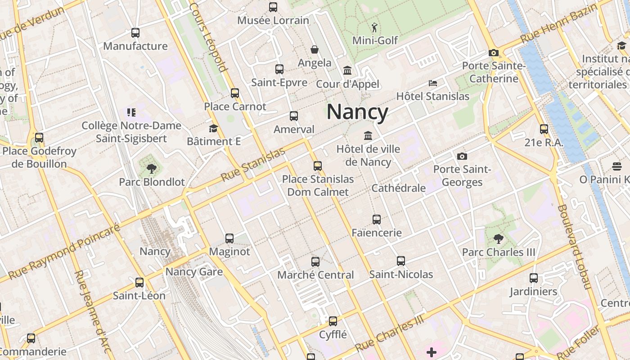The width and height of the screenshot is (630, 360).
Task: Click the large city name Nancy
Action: click(357, 112)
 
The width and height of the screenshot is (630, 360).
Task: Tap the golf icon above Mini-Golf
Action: click(374, 27)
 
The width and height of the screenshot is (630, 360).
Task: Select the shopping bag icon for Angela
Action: click(314, 49)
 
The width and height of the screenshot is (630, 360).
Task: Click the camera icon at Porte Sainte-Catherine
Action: click(494, 53)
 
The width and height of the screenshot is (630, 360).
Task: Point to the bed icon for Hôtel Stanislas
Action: click(432, 83)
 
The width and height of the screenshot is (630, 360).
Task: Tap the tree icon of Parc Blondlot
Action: click(152, 169)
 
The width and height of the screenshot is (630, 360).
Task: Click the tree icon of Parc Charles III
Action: click(498, 238)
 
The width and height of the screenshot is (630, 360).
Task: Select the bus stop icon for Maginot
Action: click(229, 238)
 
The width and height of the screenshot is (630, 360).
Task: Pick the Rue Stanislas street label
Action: click(254, 165)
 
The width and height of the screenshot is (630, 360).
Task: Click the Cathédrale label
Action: click(398, 188)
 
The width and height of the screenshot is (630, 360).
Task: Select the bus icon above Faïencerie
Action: click(377, 220)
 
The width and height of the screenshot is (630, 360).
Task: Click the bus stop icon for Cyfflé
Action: click(333, 321)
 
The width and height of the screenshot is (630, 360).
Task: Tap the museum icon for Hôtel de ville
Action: click(368, 135)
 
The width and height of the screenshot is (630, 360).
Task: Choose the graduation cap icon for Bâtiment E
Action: click(213, 128)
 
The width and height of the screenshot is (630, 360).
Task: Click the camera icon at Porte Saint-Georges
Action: click(462, 156)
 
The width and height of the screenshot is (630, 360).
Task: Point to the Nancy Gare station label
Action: click(194, 271)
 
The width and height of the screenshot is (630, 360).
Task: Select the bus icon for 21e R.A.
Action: click(544, 129)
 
